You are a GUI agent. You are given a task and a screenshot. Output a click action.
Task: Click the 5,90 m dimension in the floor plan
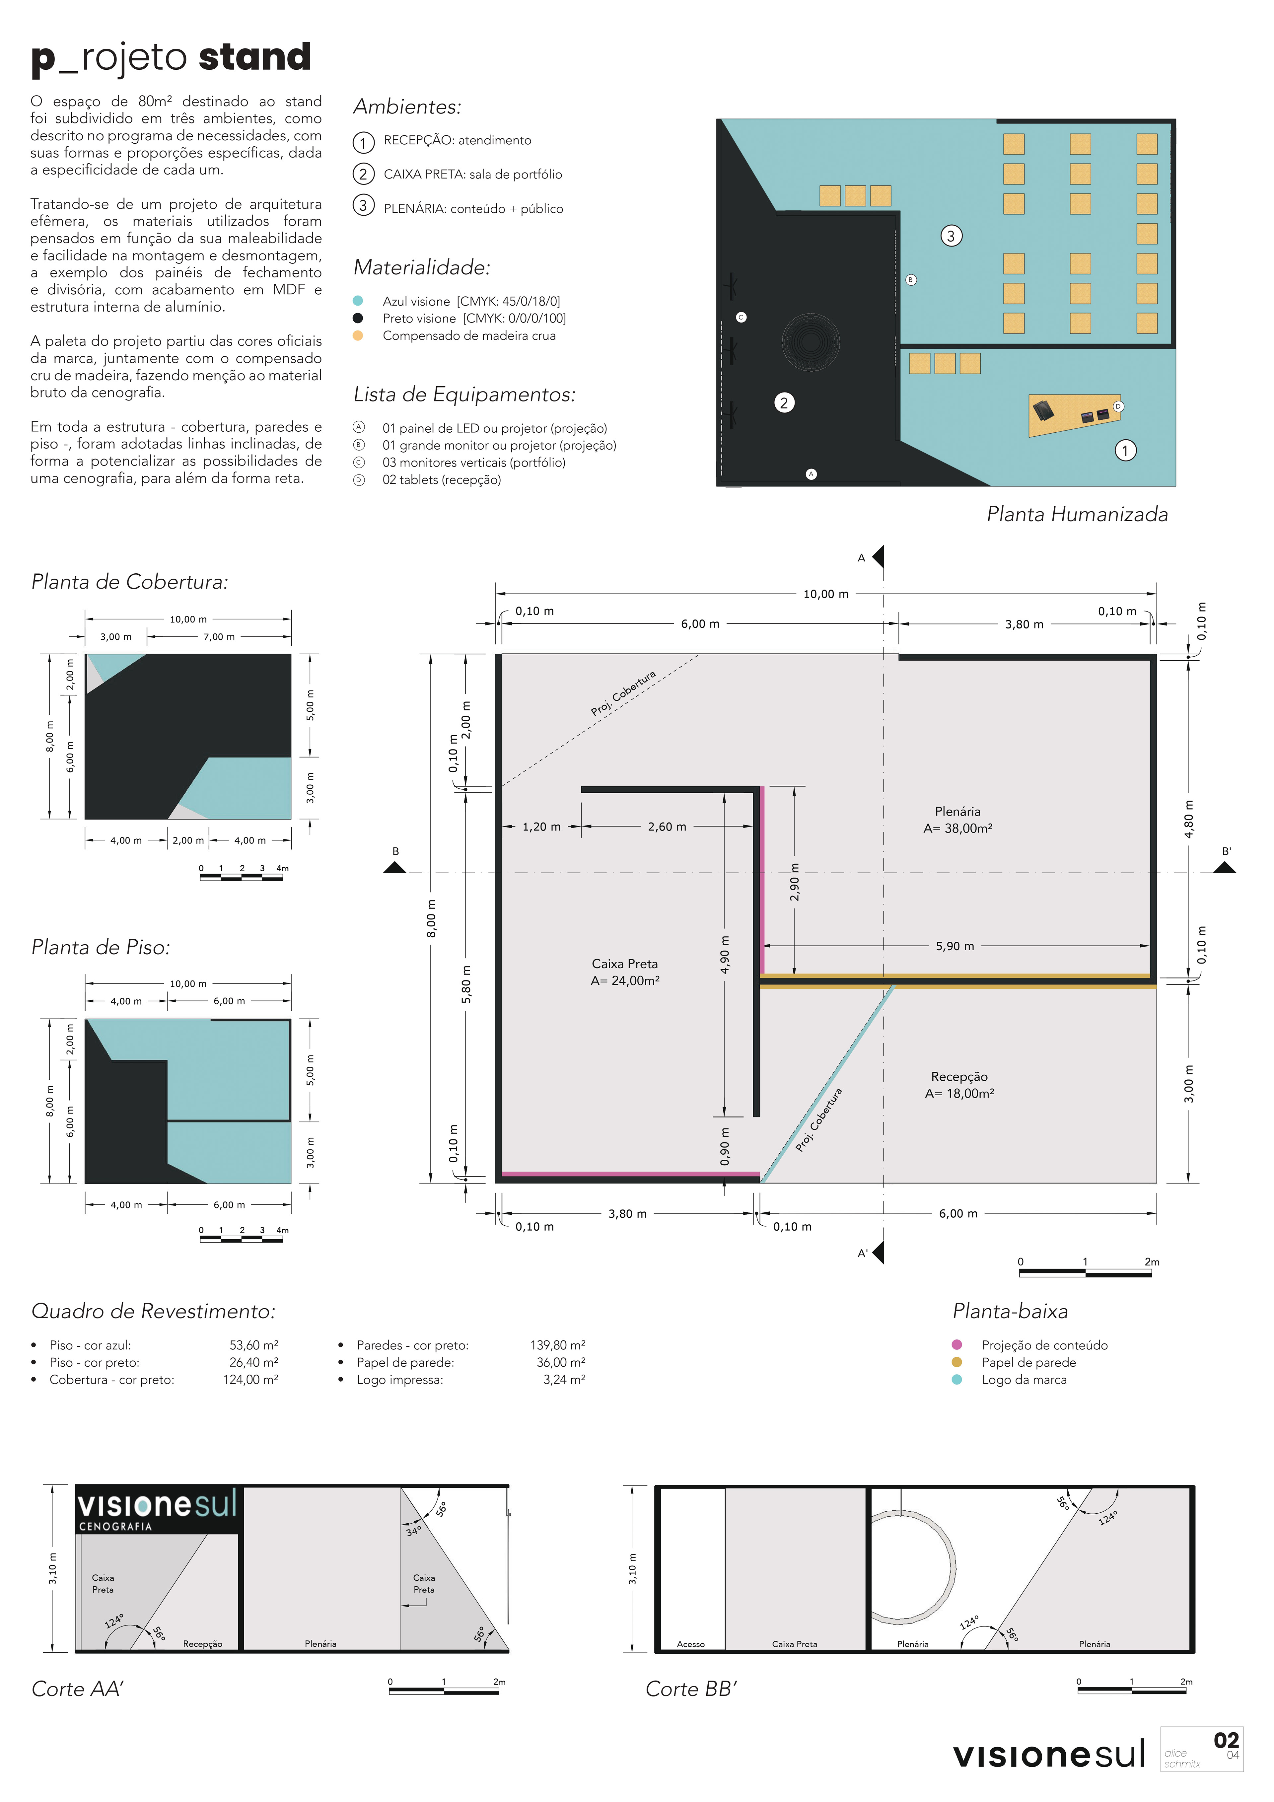click(955, 947)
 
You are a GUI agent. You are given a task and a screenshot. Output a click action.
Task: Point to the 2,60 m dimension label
click(667, 827)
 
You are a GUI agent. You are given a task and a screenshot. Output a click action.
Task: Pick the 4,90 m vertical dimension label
click(725, 954)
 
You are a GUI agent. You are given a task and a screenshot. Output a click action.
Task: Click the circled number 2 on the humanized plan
click(783, 402)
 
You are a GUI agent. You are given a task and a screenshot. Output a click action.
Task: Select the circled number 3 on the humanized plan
click(951, 236)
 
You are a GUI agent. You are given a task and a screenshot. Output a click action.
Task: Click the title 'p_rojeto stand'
click(171, 58)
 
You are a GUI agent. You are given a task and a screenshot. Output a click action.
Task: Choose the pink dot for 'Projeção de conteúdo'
click(957, 1344)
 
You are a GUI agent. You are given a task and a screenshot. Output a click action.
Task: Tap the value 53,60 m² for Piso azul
click(253, 1344)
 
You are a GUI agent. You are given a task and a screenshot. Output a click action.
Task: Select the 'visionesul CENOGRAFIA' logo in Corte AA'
click(157, 1508)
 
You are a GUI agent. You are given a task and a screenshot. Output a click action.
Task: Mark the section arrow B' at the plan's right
click(1225, 866)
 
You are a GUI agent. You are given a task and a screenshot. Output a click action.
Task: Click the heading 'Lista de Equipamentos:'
click(464, 394)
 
